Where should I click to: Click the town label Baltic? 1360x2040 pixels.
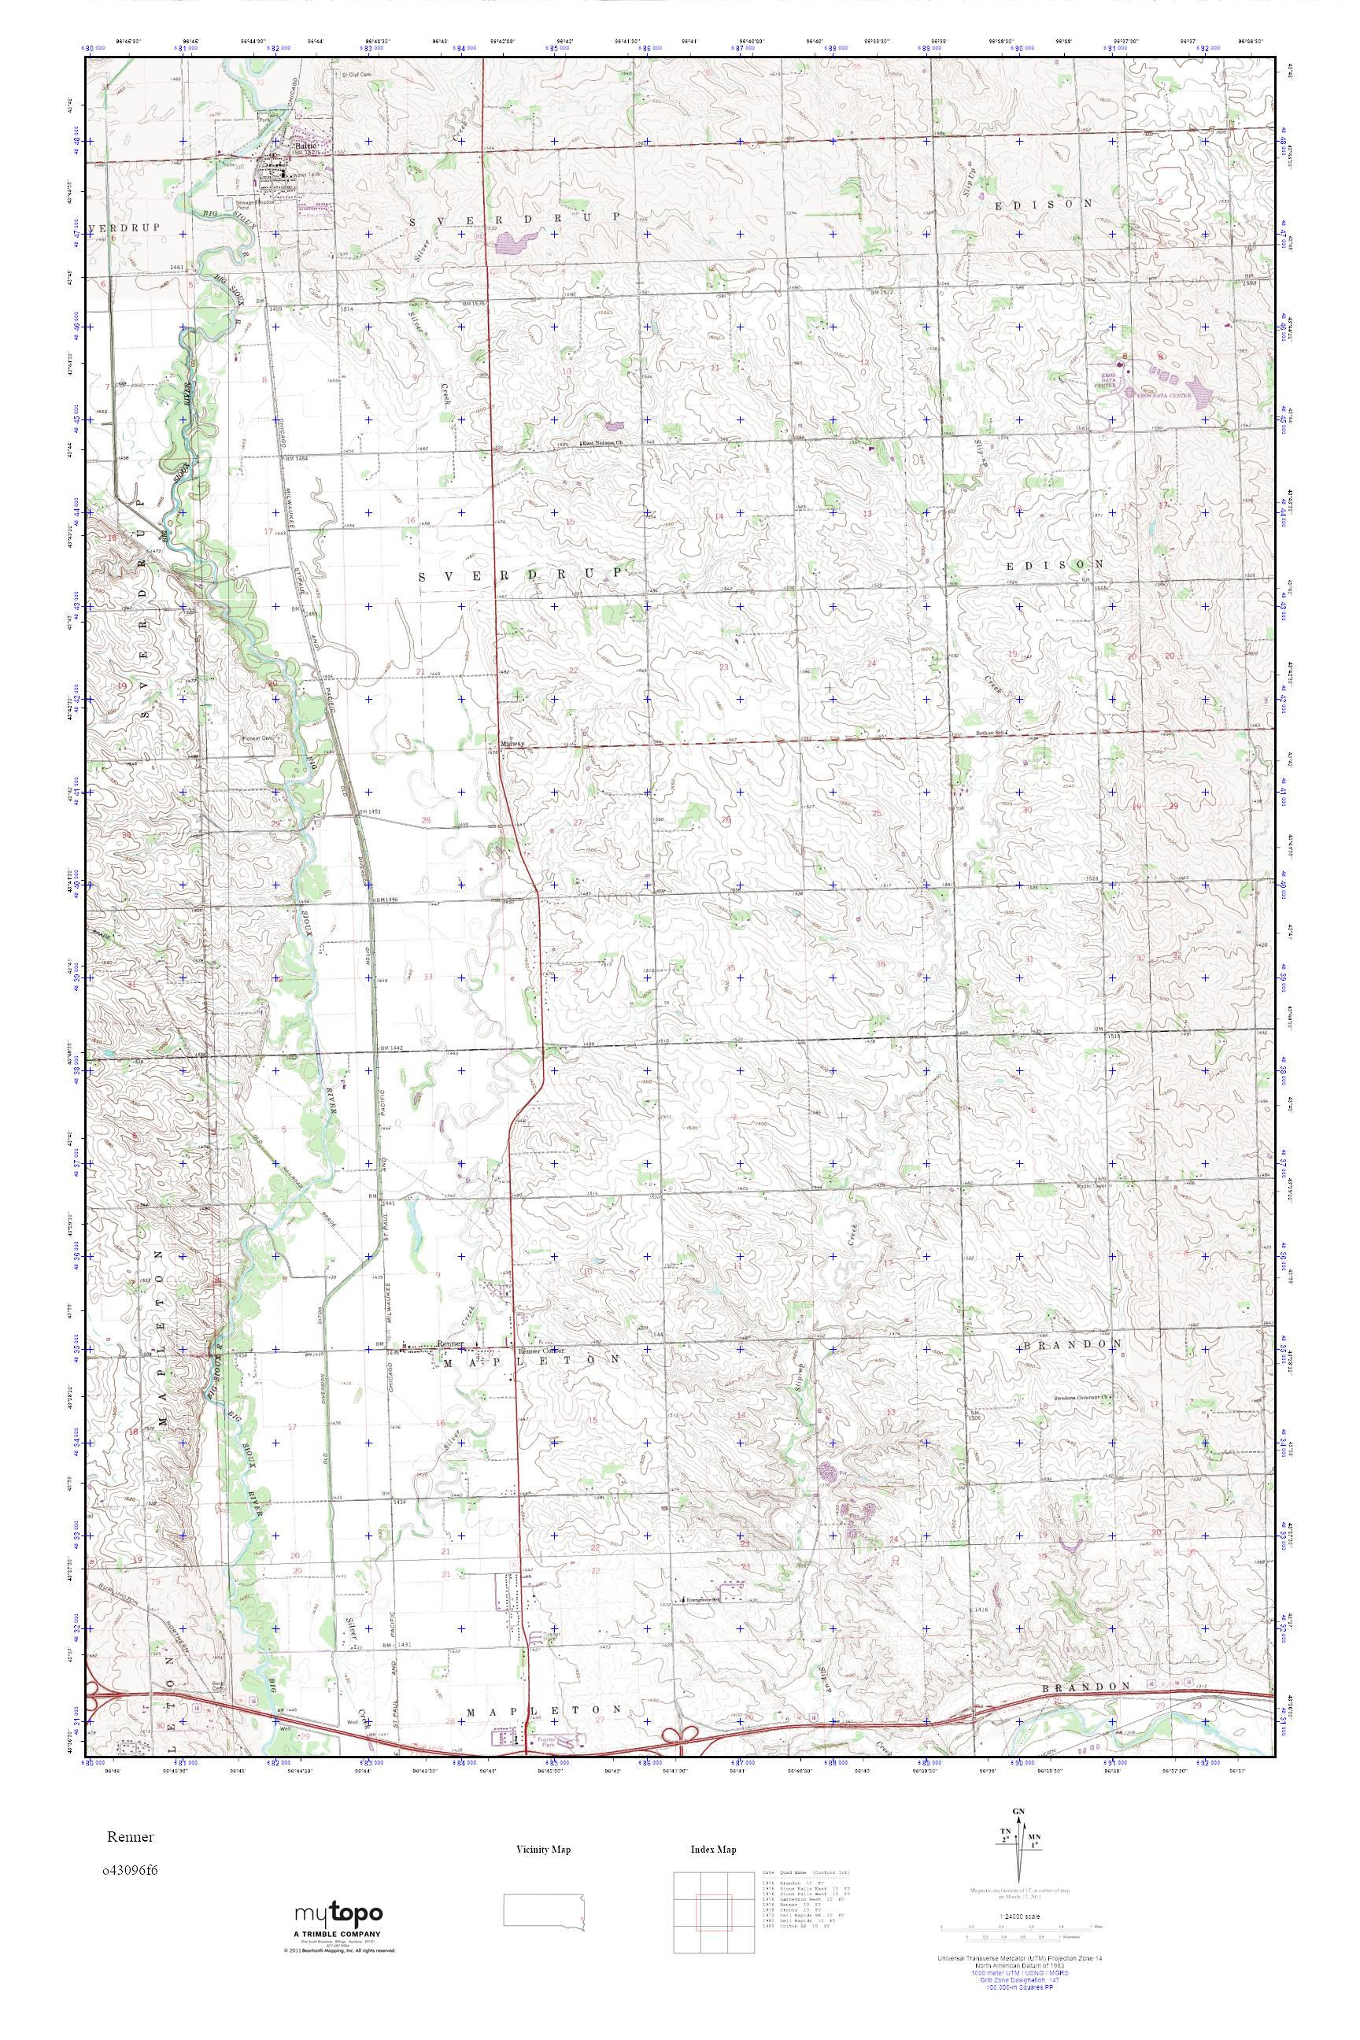[x=305, y=146]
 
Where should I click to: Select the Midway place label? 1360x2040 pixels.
[x=512, y=743]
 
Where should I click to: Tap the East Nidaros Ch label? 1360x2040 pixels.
[x=604, y=443]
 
